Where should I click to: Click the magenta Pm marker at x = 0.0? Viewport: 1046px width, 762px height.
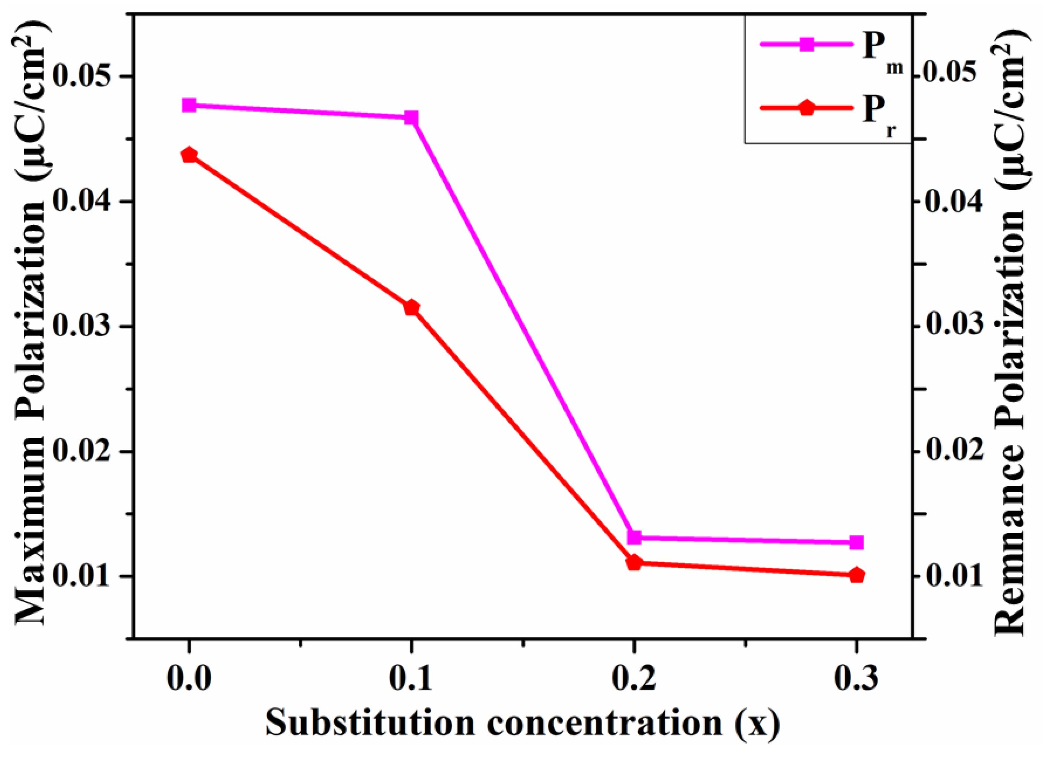pos(189,105)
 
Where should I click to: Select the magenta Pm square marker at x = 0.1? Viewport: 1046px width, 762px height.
pos(411,118)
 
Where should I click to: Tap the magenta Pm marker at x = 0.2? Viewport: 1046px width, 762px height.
pos(634,537)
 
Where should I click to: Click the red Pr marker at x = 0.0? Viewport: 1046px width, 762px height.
pos(189,155)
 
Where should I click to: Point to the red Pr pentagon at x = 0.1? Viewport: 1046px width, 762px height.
pos(411,308)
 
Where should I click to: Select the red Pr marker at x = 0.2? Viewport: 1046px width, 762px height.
pos(634,563)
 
